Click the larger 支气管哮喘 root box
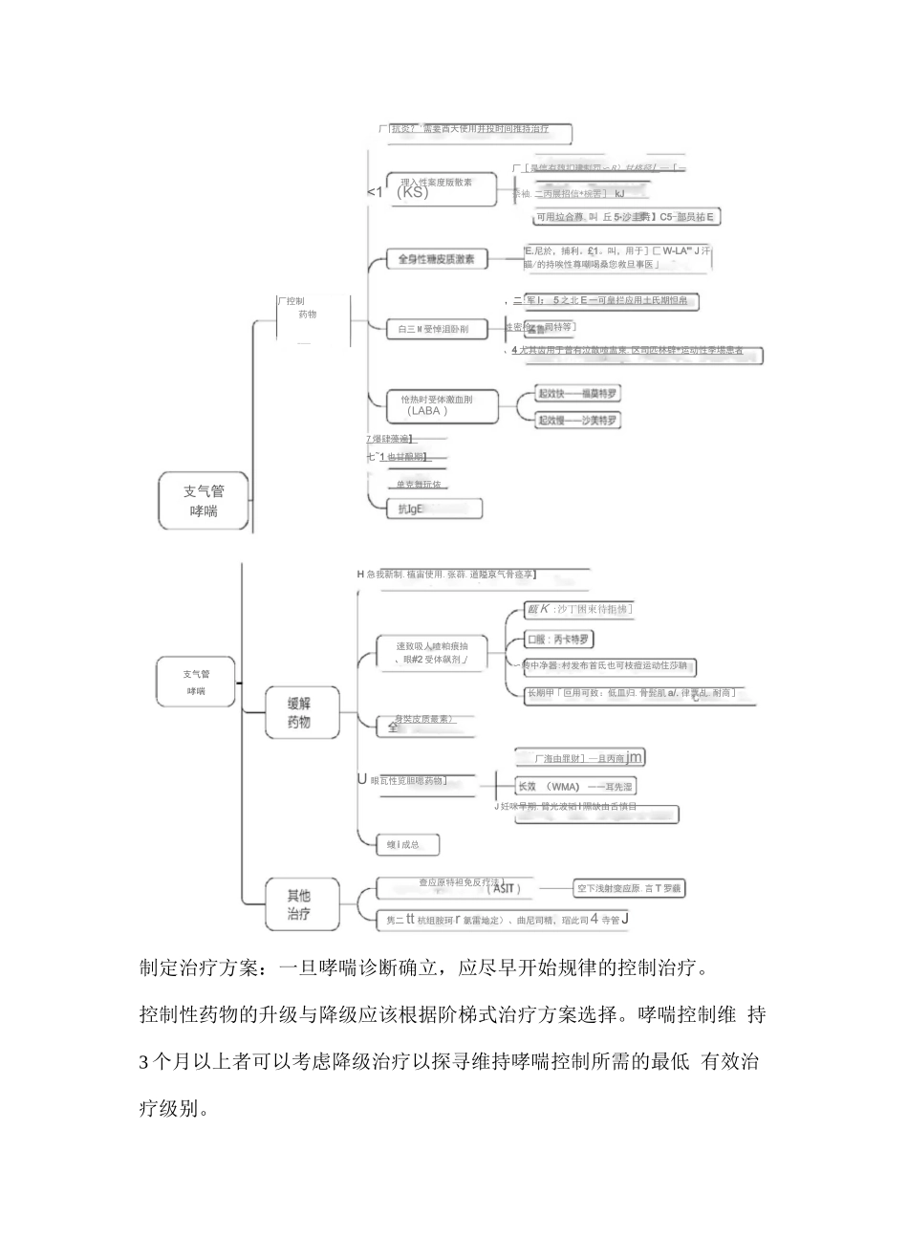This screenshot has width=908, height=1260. coord(204,501)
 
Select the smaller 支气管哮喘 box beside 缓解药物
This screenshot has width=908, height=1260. coord(196,682)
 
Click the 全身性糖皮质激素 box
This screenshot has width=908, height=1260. coord(436,259)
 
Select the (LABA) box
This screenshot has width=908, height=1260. coord(443,405)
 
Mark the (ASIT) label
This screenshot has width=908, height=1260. coord(505,889)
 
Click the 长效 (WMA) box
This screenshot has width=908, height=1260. coord(574,787)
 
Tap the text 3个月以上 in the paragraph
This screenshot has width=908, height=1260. coord(187,1062)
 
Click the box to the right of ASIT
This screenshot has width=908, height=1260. coord(629,889)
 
